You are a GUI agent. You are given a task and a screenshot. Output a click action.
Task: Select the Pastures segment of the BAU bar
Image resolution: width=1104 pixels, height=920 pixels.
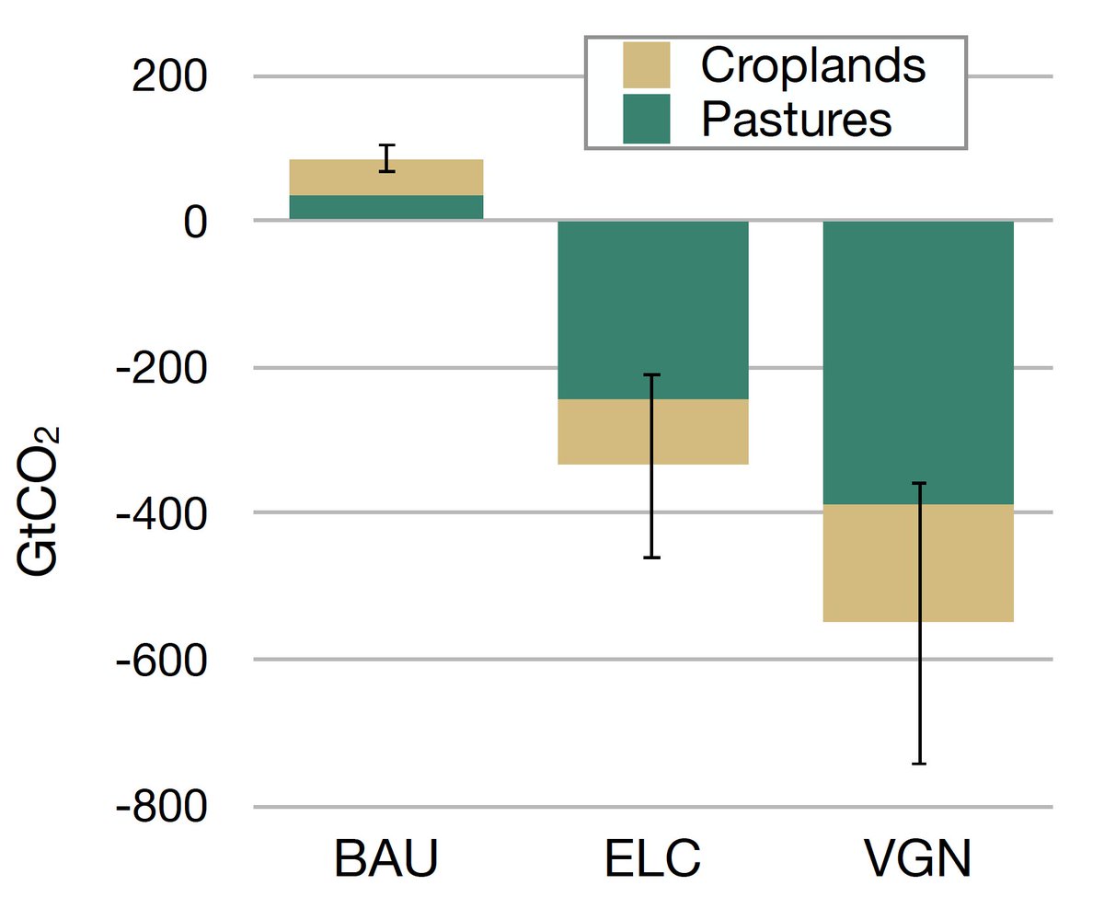386,208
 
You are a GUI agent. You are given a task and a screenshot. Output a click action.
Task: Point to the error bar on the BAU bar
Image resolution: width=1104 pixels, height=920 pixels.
387,158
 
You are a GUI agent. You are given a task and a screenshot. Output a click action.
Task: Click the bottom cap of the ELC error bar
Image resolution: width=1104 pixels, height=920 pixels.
652,558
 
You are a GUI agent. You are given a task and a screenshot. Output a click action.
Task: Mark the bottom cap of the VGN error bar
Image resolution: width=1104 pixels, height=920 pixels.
918,764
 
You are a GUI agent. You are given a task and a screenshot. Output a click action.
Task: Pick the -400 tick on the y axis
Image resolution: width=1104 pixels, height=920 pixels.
172,513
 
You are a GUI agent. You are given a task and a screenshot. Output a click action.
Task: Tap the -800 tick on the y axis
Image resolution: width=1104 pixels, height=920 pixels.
172,807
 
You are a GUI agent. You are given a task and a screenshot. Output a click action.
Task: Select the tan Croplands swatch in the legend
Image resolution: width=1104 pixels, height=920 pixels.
647,65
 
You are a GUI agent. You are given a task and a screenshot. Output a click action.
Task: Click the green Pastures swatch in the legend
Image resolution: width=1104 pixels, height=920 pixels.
647,120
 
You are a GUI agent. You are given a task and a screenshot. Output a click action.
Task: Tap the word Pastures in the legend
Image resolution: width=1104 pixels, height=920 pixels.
796,120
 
